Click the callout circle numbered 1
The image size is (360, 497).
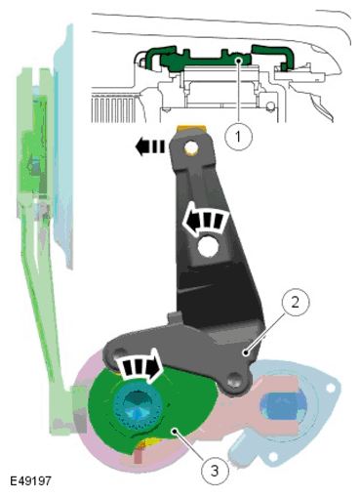coord(238,136)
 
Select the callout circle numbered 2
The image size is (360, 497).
coord(295,303)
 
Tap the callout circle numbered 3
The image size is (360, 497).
coord(215,471)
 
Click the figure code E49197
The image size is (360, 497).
coord(30,480)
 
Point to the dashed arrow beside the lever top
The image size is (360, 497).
coord(149,146)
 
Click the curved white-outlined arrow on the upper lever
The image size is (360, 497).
coord(206,219)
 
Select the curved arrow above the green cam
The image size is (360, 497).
coord(140,365)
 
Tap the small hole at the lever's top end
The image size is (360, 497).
coord(191,148)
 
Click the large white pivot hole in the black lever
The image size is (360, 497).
coord(208,247)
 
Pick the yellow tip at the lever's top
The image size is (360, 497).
coord(191,129)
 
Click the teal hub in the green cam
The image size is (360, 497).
coord(138,404)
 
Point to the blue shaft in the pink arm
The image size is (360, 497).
coord(283,406)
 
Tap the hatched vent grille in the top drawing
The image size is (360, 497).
coord(114,107)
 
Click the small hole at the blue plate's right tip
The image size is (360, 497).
coord(331,388)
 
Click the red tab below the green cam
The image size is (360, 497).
coord(138,455)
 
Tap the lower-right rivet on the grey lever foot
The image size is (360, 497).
coord(234,380)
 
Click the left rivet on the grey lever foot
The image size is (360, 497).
coord(120,353)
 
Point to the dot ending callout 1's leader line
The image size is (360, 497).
coord(239,60)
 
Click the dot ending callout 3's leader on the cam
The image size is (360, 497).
coord(176,432)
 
